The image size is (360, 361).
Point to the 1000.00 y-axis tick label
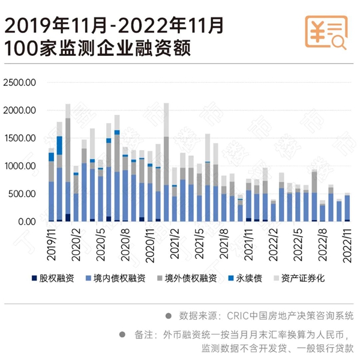(x=21, y=166)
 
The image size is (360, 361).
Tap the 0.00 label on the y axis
(x=28, y=222)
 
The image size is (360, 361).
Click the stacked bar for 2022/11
(x=347, y=207)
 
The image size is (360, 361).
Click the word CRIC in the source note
(x=239, y=315)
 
